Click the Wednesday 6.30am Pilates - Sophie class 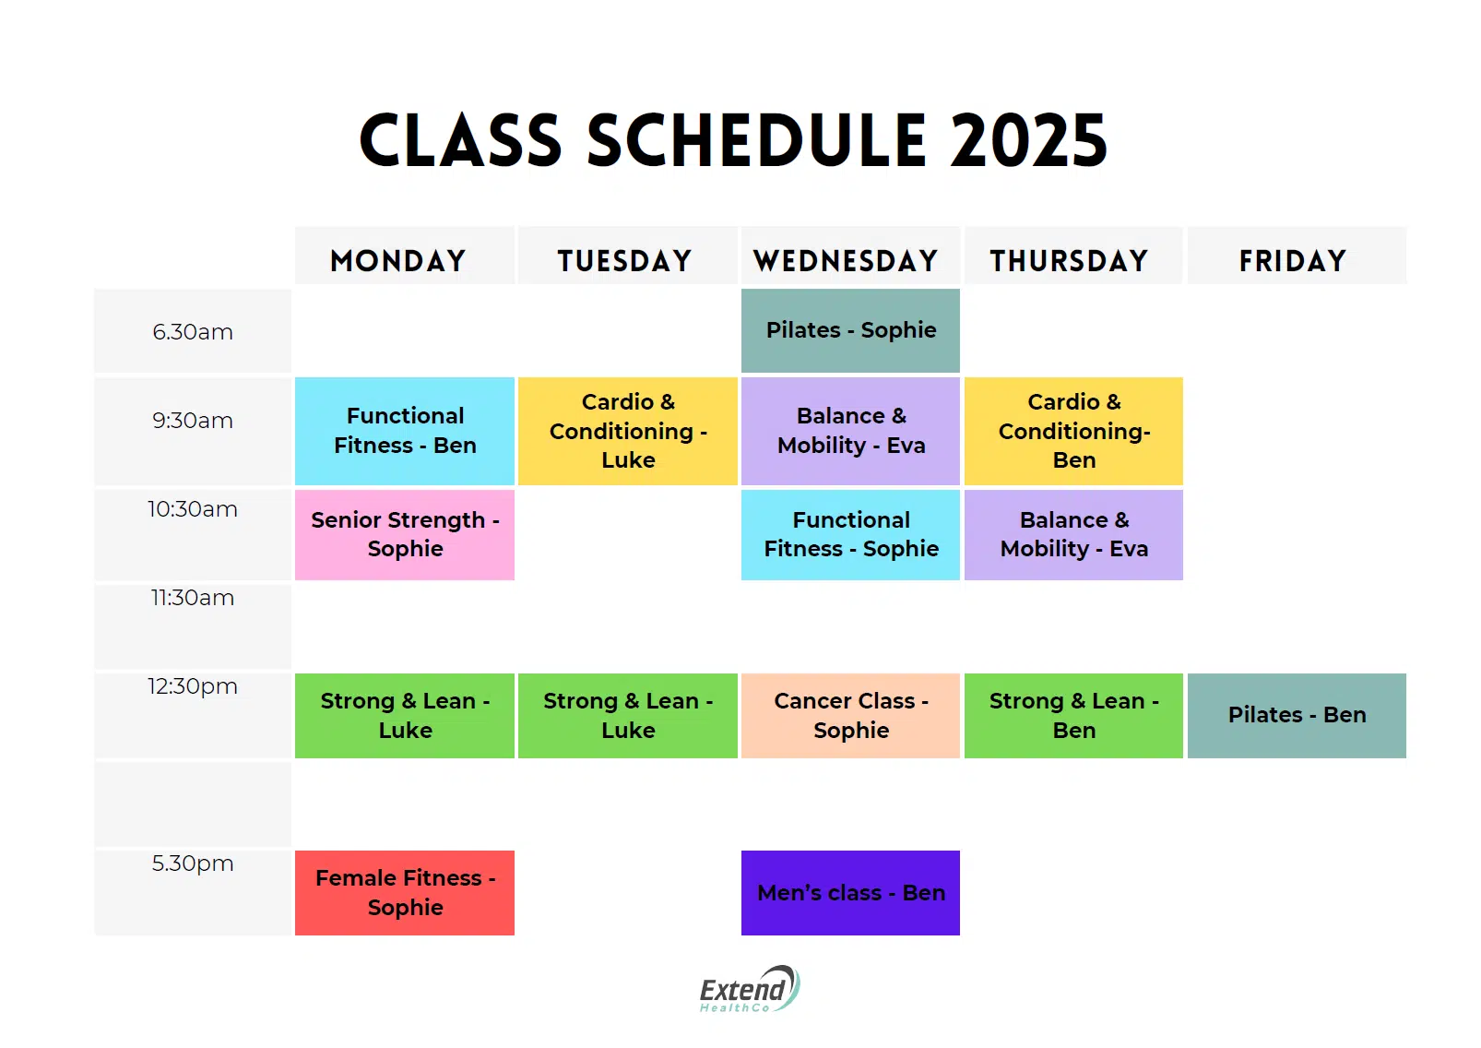click(850, 330)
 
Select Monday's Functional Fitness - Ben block click(405, 431)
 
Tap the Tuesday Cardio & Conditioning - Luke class click(627, 431)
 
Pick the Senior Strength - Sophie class click(405, 534)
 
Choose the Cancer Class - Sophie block click(850, 715)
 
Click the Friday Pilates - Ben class click(1297, 715)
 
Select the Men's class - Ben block click(850, 892)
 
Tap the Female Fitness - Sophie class click(405, 892)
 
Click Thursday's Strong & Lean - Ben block click(1073, 715)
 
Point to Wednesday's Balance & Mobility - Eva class click(850, 431)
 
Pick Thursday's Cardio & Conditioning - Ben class click(1073, 431)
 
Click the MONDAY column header click(398, 261)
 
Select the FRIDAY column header click(1293, 261)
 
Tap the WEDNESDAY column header click(846, 261)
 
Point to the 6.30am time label click(193, 331)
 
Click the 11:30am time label click(193, 598)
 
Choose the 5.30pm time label click(193, 863)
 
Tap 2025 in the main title click(1028, 140)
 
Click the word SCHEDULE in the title click(756, 140)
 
